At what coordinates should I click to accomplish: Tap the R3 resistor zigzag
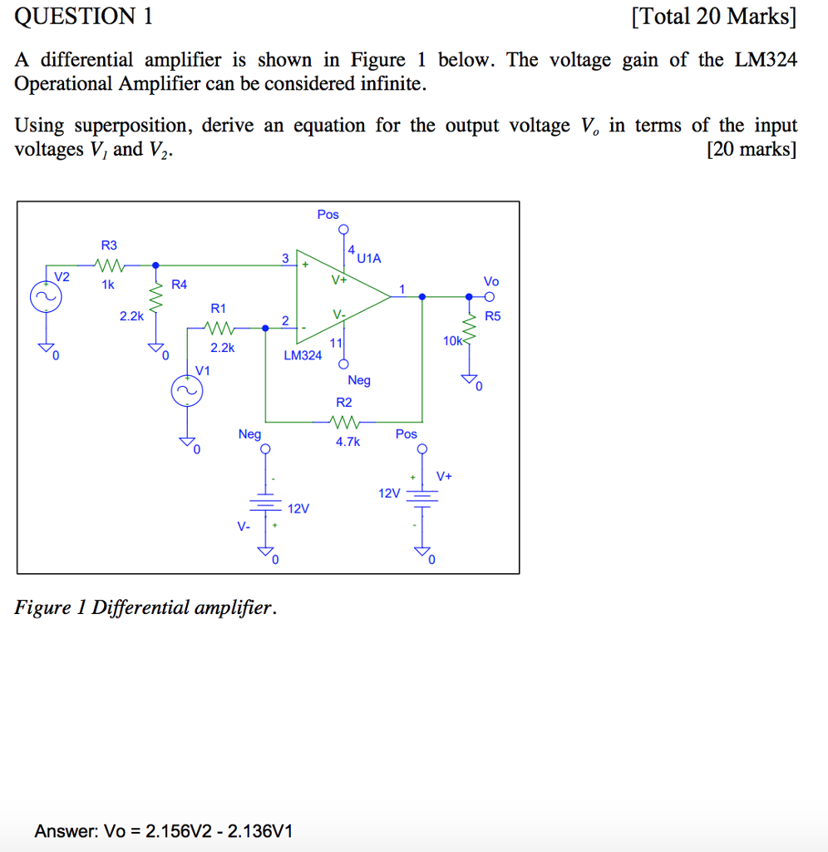110,267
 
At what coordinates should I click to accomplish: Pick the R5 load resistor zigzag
471,335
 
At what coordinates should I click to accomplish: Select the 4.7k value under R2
347,443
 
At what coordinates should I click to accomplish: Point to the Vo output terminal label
490,281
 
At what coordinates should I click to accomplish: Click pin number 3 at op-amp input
284,258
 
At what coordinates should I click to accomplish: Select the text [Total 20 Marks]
712,17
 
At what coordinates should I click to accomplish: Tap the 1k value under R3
107,285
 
